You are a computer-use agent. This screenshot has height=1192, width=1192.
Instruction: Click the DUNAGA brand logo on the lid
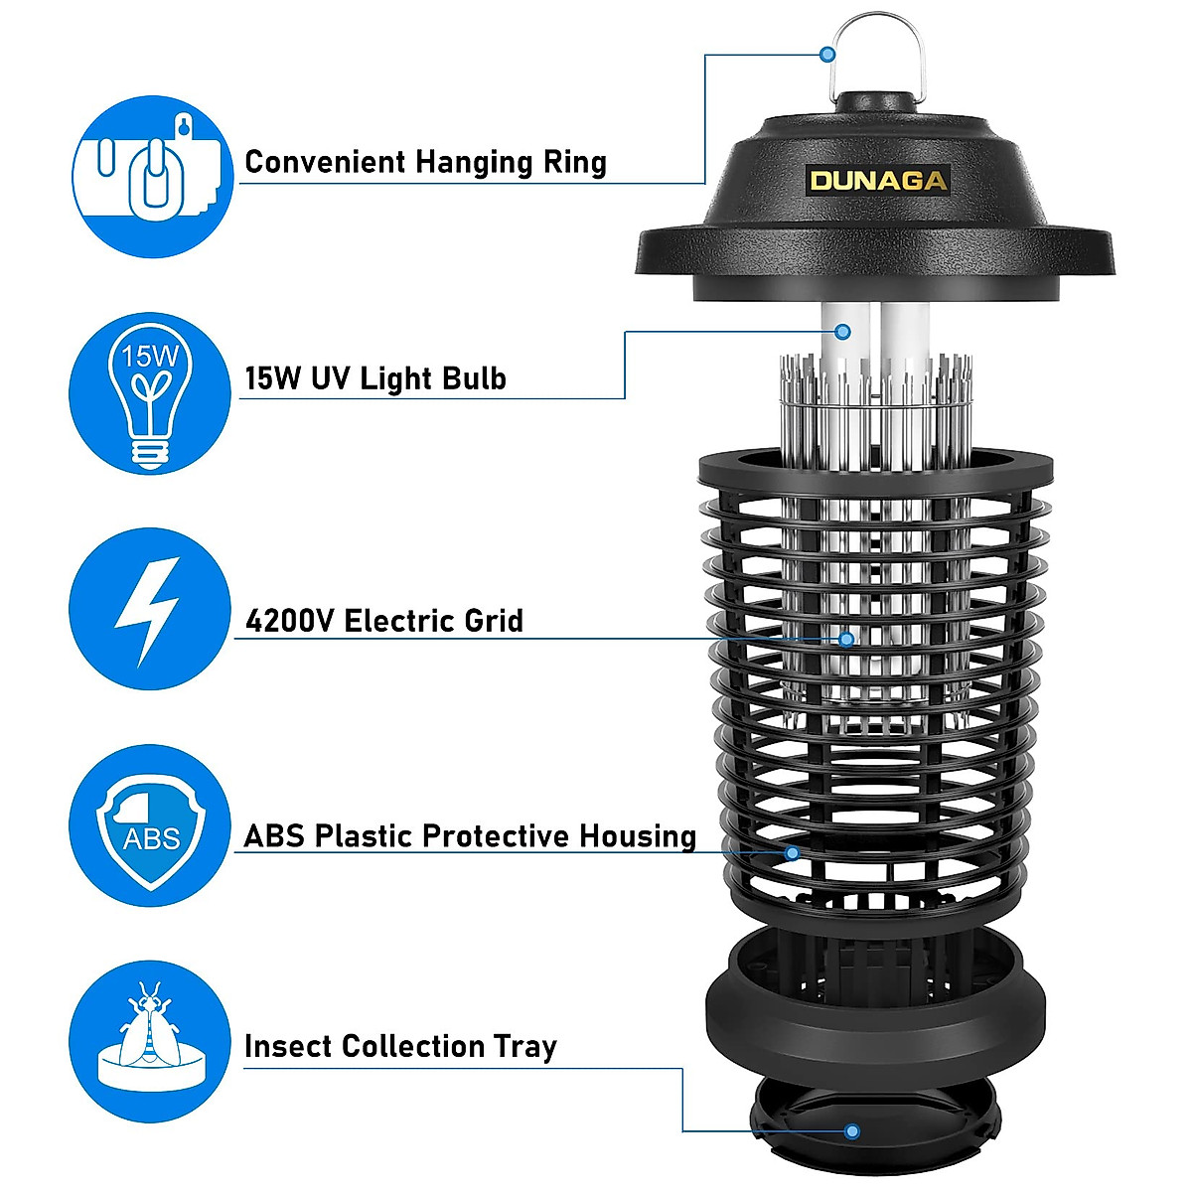[x=878, y=180]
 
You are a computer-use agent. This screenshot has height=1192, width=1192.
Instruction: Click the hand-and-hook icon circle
[x=150, y=176]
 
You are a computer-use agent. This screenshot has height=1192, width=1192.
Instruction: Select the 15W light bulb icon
[x=150, y=393]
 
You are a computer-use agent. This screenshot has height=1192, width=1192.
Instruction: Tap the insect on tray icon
[x=150, y=1042]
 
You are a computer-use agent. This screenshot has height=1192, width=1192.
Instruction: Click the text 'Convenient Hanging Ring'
[x=425, y=162]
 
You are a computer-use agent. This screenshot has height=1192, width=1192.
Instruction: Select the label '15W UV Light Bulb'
[x=375, y=378]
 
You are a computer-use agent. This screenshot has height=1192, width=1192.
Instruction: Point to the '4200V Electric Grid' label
[x=383, y=621]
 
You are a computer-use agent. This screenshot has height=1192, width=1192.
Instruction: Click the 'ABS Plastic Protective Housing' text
[x=470, y=836]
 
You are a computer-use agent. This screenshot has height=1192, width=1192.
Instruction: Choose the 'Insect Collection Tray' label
[x=400, y=1046]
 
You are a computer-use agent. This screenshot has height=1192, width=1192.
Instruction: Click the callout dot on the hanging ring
[x=827, y=55]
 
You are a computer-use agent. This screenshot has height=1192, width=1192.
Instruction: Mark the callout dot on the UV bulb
[x=843, y=331]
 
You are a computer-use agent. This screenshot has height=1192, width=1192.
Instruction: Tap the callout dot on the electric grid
[x=846, y=638]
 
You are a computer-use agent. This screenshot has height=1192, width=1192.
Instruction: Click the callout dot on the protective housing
[x=792, y=852]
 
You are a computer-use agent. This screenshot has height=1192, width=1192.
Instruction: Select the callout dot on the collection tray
[x=851, y=1130]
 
